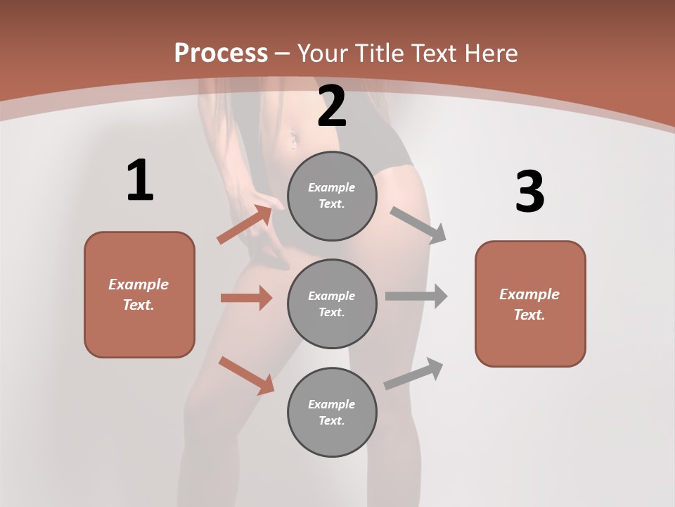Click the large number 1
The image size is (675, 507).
(139, 180)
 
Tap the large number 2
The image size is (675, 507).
(332, 106)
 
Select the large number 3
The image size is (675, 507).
(529, 192)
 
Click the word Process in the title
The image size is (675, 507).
(221, 53)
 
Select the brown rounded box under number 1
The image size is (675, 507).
(139, 294)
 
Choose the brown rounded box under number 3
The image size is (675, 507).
(530, 304)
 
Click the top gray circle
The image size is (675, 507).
(332, 196)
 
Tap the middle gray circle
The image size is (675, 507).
(332, 304)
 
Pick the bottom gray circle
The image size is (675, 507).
(332, 413)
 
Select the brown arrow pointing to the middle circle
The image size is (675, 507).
(246, 298)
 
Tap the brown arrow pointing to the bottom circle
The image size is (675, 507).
(246, 375)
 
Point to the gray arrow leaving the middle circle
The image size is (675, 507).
(416, 296)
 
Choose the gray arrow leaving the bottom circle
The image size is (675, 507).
(414, 373)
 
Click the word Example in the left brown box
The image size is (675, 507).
(139, 284)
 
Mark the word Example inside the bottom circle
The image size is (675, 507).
(332, 404)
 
